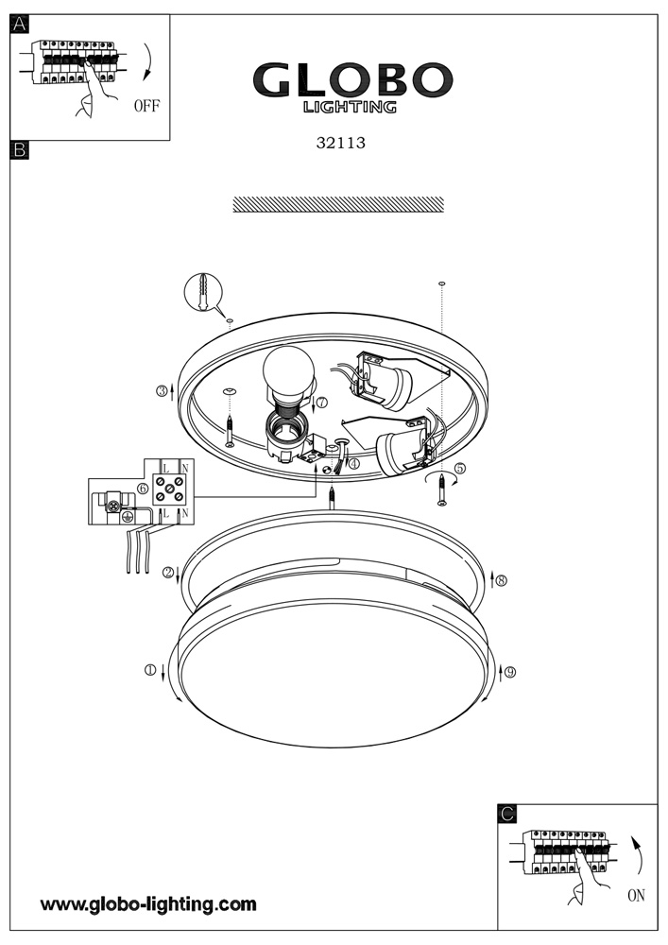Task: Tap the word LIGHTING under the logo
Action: click(x=350, y=108)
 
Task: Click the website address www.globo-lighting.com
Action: click(x=148, y=904)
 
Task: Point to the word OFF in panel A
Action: click(x=146, y=106)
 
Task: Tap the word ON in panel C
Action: click(x=636, y=895)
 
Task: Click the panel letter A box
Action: click(x=20, y=25)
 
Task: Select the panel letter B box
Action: click(x=20, y=149)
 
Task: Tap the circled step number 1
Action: click(x=149, y=670)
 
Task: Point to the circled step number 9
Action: click(x=510, y=672)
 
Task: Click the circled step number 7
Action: click(x=321, y=403)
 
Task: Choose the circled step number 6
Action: click(x=142, y=488)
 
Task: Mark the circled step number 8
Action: click(x=501, y=580)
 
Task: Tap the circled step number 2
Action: click(x=168, y=572)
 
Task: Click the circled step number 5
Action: click(x=459, y=468)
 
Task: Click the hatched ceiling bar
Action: click(x=338, y=204)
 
